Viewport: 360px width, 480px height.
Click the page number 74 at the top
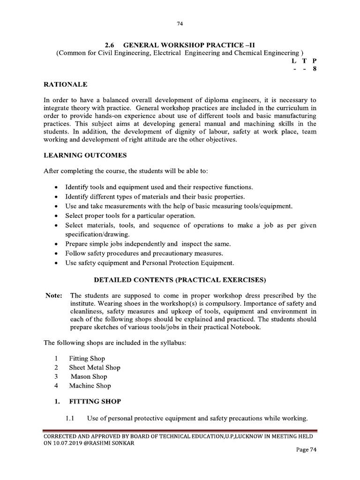tap(180, 23)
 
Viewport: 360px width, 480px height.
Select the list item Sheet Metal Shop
tap(95, 367)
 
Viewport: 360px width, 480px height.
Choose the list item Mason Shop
tap(89, 376)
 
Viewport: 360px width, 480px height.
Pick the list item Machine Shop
tap(90, 386)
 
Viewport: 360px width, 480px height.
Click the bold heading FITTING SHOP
tap(95, 402)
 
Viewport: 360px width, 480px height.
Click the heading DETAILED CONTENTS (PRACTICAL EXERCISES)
tap(180, 280)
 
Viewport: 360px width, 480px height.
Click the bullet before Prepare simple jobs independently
tap(57, 244)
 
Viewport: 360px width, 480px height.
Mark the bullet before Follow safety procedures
tap(57, 254)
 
